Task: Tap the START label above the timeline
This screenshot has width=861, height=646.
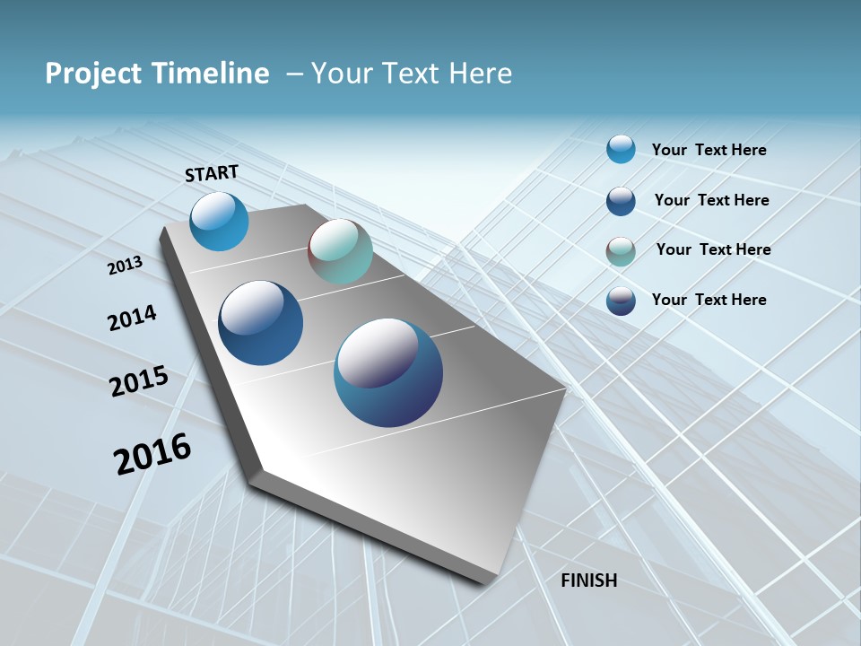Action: pos(212,173)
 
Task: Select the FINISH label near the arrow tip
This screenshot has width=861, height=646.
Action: pos(588,581)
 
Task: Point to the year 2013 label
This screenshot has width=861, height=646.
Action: pos(125,266)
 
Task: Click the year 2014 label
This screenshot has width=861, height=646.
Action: pos(132,319)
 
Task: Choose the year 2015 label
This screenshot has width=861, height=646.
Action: pos(139,381)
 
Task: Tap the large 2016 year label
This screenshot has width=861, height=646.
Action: pos(152,454)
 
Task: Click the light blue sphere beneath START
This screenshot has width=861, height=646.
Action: pos(219,222)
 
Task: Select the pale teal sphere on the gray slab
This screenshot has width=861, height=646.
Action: pos(340,252)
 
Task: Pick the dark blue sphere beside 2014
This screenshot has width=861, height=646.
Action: pos(261,323)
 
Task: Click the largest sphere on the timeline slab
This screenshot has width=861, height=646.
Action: pos(388,372)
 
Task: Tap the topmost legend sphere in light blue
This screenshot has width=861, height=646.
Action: pos(621,149)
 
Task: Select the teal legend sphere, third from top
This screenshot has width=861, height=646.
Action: pos(621,251)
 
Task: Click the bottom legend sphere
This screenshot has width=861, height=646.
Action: pos(621,301)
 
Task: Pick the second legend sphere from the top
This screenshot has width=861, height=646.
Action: pos(621,201)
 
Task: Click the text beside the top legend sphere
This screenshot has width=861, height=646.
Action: pos(709,151)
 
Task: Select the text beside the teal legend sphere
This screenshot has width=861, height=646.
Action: pos(713,249)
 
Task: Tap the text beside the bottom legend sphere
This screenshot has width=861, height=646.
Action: pos(709,300)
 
